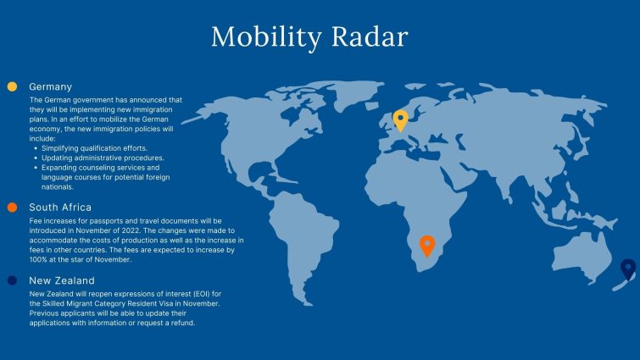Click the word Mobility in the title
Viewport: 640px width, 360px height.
266,37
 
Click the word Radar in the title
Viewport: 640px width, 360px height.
370,36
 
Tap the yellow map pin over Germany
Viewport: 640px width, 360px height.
400,120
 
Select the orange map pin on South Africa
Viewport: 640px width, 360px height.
427,246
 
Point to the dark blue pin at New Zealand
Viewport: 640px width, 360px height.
628,269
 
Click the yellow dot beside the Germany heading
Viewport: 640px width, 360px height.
12,86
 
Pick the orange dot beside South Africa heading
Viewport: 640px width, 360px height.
12,208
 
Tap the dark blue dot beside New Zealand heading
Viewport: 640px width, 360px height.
12,280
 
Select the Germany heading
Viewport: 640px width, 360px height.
51,87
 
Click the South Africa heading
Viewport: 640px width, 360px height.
60,208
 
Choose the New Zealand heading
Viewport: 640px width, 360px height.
62,280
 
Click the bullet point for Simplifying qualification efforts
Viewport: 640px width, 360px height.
36,148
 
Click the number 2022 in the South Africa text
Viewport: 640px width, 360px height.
131,230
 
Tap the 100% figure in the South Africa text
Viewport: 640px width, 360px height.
38,259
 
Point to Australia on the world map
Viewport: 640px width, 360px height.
582,255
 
